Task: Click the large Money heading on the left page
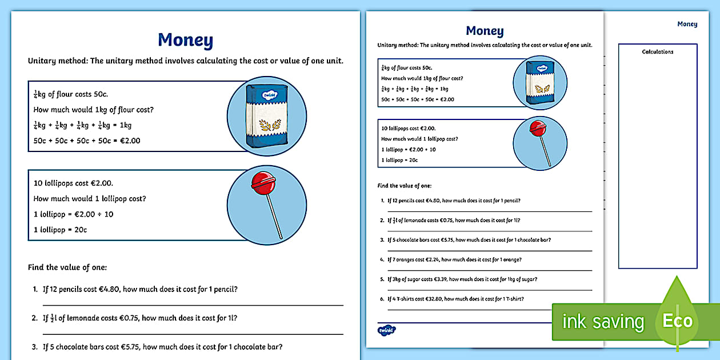(185, 41)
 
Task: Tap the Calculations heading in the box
(657, 52)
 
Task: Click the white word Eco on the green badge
(677, 321)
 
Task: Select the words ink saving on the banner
(602, 322)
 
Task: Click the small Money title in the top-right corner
(687, 24)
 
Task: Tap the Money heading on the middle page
(485, 31)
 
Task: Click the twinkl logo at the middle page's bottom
(387, 330)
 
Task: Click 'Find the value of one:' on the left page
(67, 267)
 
